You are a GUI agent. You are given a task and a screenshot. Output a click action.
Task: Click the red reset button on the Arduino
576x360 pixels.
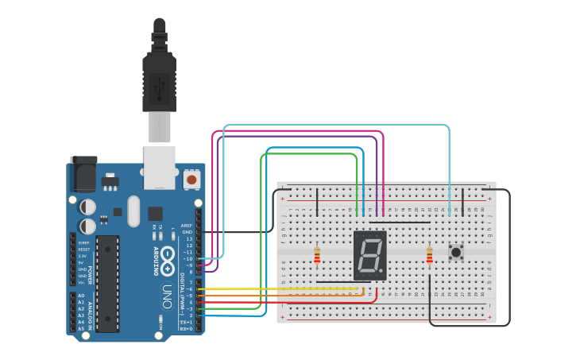pyautogui.click(x=191, y=180)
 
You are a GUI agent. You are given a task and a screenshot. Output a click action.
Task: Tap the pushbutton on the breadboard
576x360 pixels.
pyautogui.click(x=456, y=253)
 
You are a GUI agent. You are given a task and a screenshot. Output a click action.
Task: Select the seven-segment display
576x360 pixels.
pyautogui.click(x=369, y=255)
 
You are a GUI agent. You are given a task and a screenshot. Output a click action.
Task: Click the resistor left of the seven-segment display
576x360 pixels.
pyautogui.click(x=317, y=255)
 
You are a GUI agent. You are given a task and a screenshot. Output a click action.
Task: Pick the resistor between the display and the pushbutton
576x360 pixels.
pyautogui.click(x=430, y=255)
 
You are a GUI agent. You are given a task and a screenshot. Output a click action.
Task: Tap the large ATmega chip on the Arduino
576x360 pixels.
pyautogui.click(x=107, y=283)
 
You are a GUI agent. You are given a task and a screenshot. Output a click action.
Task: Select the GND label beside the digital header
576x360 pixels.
pyautogui.click(x=187, y=232)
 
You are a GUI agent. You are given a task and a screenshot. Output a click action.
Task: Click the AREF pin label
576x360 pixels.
pyautogui.click(x=187, y=226)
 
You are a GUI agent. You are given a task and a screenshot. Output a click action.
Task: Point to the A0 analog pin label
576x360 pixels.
pyautogui.click(x=81, y=296)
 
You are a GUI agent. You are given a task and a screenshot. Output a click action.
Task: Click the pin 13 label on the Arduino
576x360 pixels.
pyautogui.click(x=188, y=238)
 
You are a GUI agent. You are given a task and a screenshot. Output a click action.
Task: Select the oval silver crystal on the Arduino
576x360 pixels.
pyautogui.click(x=133, y=211)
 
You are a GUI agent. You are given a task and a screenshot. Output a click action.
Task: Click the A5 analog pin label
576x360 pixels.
pyautogui.click(x=81, y=328)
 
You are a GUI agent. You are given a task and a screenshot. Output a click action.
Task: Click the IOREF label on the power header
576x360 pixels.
pyautogui.click(x=83, y=243)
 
